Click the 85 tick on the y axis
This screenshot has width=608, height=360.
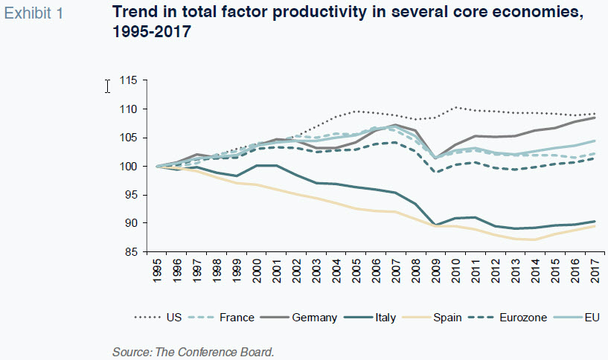(132, 251)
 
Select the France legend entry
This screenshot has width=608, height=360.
(237, 318)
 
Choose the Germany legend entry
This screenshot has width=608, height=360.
(313, 318)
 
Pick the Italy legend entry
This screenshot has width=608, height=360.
(385, 318)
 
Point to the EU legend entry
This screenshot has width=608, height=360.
(592, 318)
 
